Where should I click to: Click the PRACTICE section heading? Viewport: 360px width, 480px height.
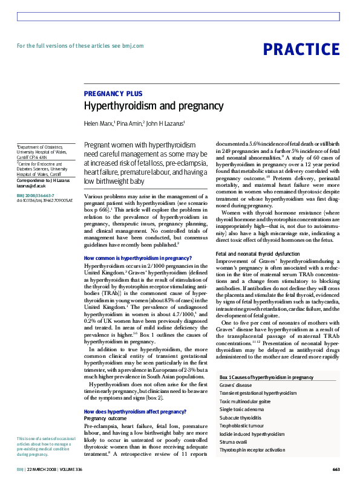point(301,50)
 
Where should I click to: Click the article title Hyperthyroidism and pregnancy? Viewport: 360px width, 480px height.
point(154,106)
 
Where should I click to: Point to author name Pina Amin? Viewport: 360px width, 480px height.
point(128,123)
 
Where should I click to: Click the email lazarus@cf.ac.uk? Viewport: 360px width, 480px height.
point(31,186)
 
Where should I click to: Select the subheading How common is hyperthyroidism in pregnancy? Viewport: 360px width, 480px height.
point(137,258)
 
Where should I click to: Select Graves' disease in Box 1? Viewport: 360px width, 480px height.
point(236,385)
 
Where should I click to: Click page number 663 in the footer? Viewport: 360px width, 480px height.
point(336,469)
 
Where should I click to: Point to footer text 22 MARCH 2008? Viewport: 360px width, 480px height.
point(45,469)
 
